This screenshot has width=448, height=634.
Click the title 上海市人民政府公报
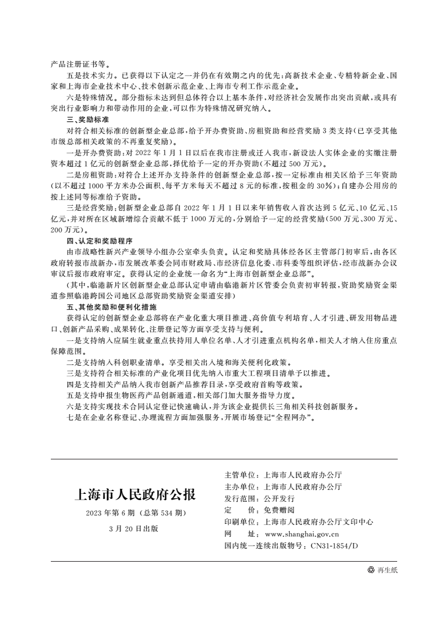click(135, 496)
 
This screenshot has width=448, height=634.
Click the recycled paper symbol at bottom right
click(371, 570)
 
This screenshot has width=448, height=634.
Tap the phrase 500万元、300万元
click(362, 220)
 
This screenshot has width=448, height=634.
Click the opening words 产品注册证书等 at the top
click(77, 64)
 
